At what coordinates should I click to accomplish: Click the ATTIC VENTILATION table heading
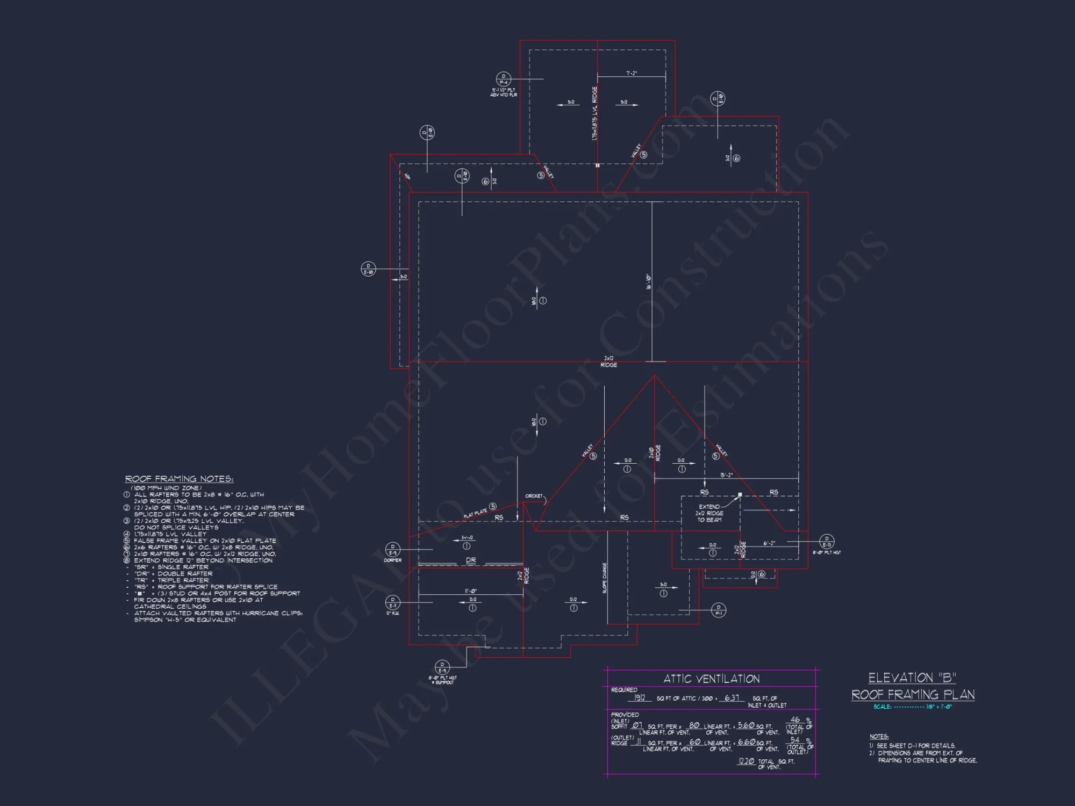pos(711,679)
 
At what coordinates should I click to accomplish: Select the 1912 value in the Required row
pos(639,697)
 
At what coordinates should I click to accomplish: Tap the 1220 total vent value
pos(746,761)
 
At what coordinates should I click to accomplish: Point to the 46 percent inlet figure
pos(795,719)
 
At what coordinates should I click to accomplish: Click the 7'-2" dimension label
pos(632,73)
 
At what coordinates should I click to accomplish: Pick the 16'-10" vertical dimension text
pos(649,282)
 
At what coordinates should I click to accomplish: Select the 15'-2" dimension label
pos(726,475)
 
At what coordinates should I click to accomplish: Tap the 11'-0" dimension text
pos(471,591)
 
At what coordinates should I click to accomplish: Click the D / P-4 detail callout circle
pos(503,79)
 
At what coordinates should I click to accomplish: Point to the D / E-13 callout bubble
pos(827,542)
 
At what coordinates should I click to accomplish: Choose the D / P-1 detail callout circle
pos(719,610)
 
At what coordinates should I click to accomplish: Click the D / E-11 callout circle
pos(393,602)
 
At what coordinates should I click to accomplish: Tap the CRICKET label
pos(534,496)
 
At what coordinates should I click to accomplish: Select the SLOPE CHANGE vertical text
pos(605,578)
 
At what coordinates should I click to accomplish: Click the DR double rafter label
pos(471,560)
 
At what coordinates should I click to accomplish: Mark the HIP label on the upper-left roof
pos(407,176)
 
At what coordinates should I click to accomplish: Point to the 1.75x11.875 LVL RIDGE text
pos(594,114)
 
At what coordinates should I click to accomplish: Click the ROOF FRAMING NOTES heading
pos(179,479)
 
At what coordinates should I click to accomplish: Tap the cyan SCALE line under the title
pos(913,707)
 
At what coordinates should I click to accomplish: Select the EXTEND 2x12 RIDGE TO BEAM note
pos(709,513)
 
